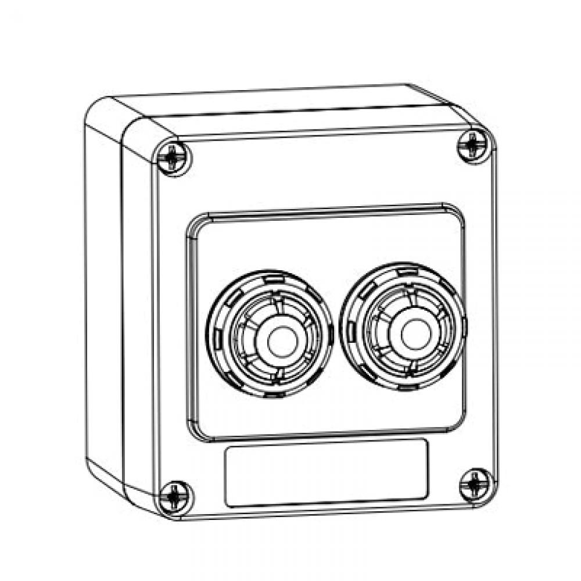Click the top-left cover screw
(173, 157)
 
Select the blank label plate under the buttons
(327, 472)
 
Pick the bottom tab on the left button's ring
(273, 396)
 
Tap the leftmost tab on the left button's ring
(216, 337)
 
